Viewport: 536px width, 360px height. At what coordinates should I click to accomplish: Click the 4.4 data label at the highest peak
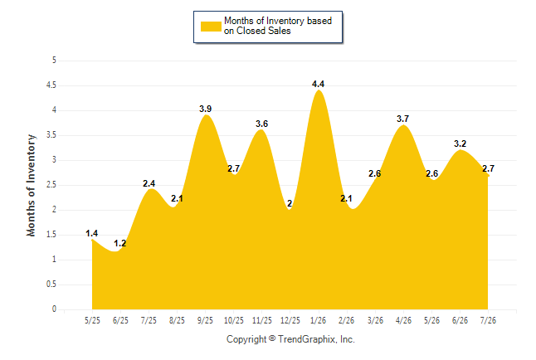318,84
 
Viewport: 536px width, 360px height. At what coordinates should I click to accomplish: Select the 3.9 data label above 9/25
206,109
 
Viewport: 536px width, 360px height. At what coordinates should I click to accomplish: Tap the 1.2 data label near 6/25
120,243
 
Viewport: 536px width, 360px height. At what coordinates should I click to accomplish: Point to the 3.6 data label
262,124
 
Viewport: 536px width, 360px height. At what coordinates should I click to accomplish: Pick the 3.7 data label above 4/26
402,119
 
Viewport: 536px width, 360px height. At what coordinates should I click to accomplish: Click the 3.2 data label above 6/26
460,144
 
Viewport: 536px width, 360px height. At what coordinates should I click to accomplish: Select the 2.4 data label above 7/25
149,183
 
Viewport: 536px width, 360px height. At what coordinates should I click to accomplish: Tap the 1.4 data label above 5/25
92,233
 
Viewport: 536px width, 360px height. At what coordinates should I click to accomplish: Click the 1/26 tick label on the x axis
319,320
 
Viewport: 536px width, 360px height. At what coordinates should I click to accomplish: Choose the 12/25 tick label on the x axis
290,320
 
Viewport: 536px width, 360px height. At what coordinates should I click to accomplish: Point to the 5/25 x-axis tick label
92,320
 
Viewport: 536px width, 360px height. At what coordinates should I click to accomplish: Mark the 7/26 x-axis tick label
488,320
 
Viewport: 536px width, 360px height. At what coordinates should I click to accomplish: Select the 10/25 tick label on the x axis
234,320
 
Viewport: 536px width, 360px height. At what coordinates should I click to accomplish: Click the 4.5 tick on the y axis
51,85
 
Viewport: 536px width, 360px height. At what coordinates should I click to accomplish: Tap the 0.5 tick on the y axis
51,285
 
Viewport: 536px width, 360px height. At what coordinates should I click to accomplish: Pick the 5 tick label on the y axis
54,61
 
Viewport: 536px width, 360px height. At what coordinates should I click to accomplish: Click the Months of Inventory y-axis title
31,185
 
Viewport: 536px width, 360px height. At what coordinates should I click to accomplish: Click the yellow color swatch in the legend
211,27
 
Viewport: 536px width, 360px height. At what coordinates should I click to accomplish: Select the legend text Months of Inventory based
278,21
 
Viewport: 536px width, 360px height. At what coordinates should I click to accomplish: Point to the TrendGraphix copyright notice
290,339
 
